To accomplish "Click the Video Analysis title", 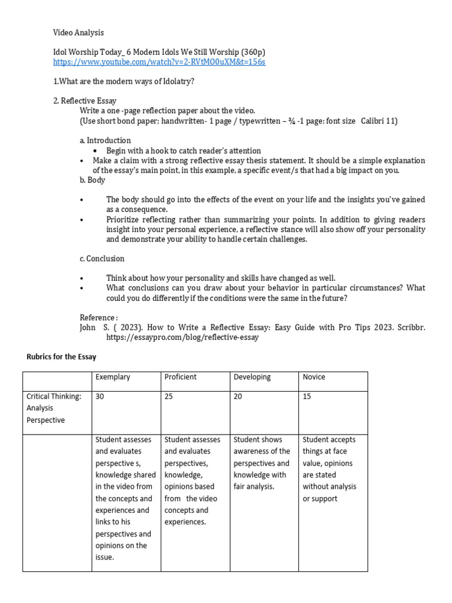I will (x=78, y=32).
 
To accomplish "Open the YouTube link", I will (x=159, y=62).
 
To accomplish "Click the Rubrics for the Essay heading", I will (x=62, y=357).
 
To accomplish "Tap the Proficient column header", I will (x=181, y=377).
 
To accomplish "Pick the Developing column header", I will (x=252, y=377).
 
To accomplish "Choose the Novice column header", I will (x=314, y=377).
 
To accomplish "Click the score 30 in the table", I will (x=100, y=397).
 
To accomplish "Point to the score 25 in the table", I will (x=169, y=397).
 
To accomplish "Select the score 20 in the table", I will (x=238, y=397).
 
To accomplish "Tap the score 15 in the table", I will (x=307, y=397).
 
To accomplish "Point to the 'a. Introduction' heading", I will (x=105, y=140).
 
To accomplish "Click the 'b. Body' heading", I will (x=92, y=180).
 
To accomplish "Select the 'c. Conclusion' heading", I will (x=102, y=259).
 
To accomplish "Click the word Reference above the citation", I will (x=98, y=318).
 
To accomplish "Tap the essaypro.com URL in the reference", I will (x=182, y=338).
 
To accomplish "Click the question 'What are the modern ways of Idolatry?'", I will (x=124, y=81).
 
